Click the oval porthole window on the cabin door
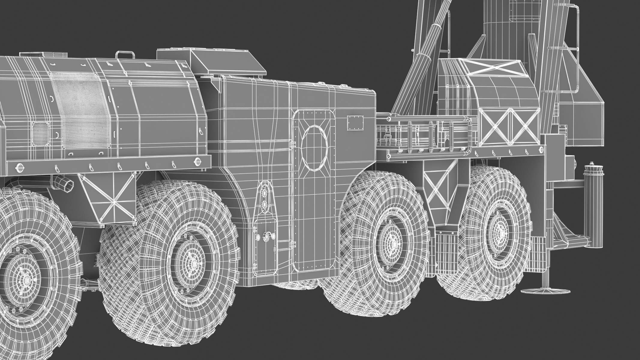coord(314,149)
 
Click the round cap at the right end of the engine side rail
coord(198,161)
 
